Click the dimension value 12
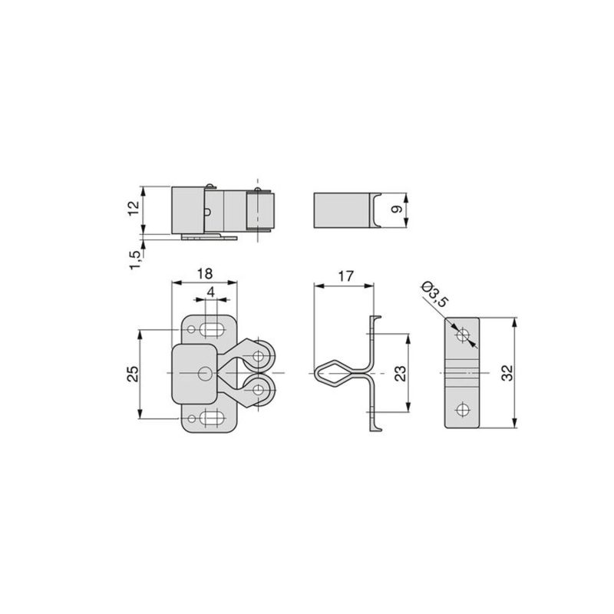(134, 207)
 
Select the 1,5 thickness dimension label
(134, 259)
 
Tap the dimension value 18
(205, 273)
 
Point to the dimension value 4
(211, 292)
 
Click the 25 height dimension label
(133, 374)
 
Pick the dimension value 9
(397, 209)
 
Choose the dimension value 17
(345, 276)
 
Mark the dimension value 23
(400, 373)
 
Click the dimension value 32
(507, 373)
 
